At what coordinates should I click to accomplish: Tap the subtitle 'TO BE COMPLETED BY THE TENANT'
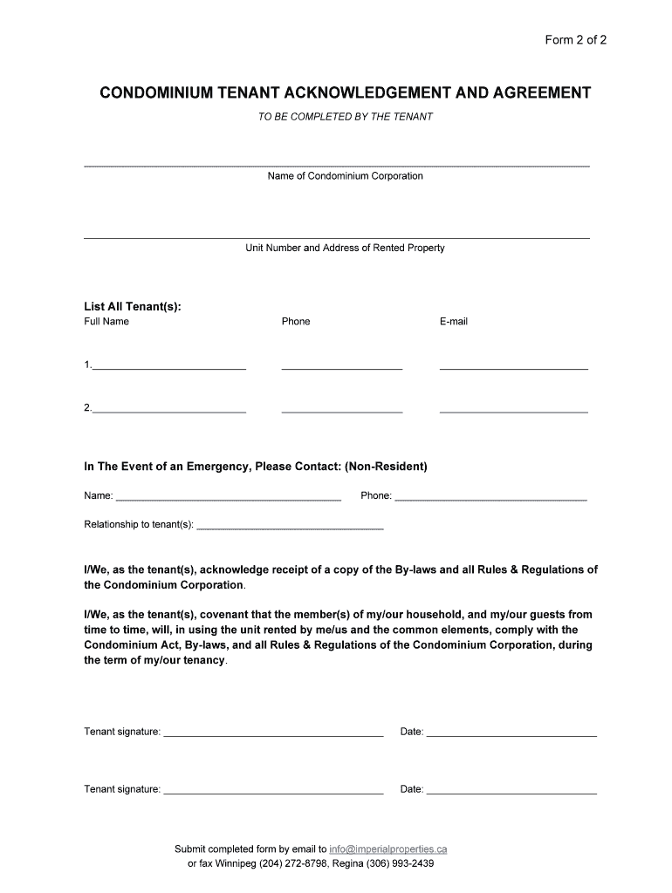(x=345, y=117)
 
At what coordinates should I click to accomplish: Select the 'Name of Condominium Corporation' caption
(x=345, y=176)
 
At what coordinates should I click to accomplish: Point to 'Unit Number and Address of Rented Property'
(x=345, y=248)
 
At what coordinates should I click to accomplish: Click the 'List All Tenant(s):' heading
(x=133, y=306)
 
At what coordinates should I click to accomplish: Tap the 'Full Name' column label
(x=106, y=322)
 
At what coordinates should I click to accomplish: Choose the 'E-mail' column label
(x=454, y=322)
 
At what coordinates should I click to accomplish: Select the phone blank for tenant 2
(x=342, y=409)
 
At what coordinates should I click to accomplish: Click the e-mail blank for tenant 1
(x=513, y=367)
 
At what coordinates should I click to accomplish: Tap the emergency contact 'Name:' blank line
(x=228, y=498)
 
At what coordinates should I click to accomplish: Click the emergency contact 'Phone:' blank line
(x=490, y=498)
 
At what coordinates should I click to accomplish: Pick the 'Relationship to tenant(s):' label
(x=139, y=525)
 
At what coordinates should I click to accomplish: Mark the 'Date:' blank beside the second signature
(x=511, y=792)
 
